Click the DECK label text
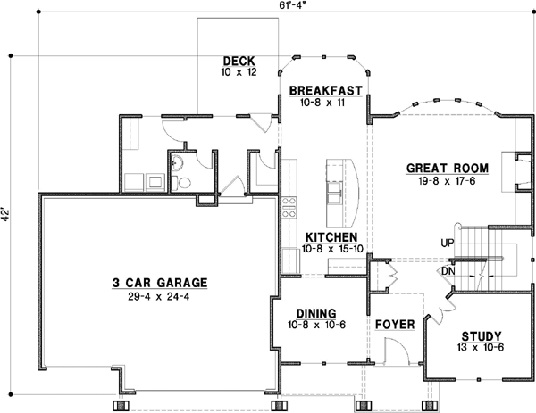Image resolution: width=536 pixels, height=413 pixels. (x=239, y=60)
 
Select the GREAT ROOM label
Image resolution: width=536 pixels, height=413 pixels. (x=447, y=168)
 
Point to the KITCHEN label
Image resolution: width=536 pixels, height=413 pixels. (x=332, y=236)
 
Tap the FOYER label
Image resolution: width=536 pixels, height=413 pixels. (x=395, y=324)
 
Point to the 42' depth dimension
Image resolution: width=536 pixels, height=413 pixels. (x=9, y=215)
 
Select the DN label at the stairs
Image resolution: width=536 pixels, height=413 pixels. (x=448, y=271)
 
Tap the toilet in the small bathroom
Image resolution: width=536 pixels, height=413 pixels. (x=184, y=182)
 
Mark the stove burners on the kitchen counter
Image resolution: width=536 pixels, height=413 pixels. (x=289, y=208)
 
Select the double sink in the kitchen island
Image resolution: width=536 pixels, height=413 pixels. (x=335, y=191)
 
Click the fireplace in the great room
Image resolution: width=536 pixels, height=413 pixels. (x=507, y=172)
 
